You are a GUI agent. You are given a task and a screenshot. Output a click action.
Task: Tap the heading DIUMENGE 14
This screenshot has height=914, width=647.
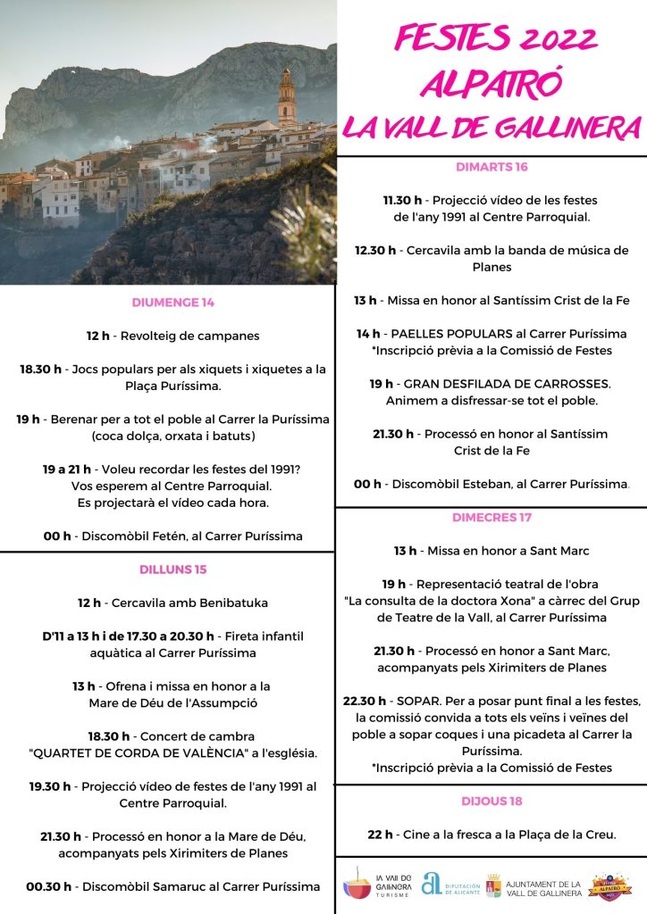(172, 302)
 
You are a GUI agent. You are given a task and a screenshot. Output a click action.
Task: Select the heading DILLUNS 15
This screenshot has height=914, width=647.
(172, 569)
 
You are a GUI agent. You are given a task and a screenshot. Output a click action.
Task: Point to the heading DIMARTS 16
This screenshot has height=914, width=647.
(492, 167)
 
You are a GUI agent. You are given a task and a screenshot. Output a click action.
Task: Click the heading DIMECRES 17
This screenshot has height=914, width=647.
(492, 517)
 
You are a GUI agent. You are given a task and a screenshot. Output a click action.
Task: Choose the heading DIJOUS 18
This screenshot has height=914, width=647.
(492, 801)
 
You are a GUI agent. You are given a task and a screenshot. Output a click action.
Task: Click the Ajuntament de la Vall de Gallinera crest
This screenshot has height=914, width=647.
(493, 885)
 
